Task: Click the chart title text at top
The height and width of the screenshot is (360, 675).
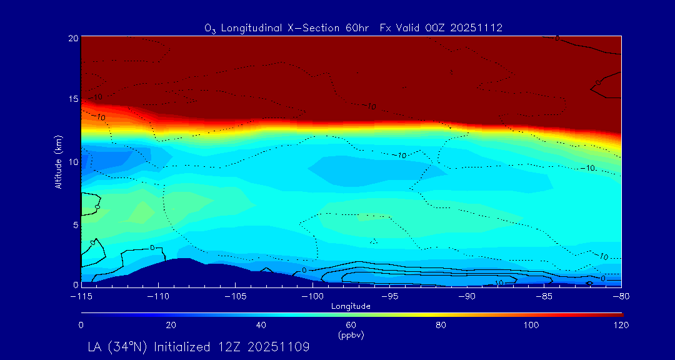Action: click(x=353, y=28)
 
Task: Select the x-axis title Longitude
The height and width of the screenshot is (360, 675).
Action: click(x=351, y=306)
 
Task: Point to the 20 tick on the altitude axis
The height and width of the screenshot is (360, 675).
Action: click(x=72, y=38)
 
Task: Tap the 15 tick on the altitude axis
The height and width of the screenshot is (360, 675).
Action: click(x=72, y=100)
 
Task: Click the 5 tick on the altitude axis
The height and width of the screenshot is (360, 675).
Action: click(x=75, y=224)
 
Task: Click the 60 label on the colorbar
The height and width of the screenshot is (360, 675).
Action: click(x=351, y=325)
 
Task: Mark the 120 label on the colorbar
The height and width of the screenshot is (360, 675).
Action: click(x=621, y=325)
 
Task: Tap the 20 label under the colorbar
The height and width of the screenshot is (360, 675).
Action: click(x=171, y=325)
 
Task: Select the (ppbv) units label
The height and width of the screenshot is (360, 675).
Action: click(x=351, y=335)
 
